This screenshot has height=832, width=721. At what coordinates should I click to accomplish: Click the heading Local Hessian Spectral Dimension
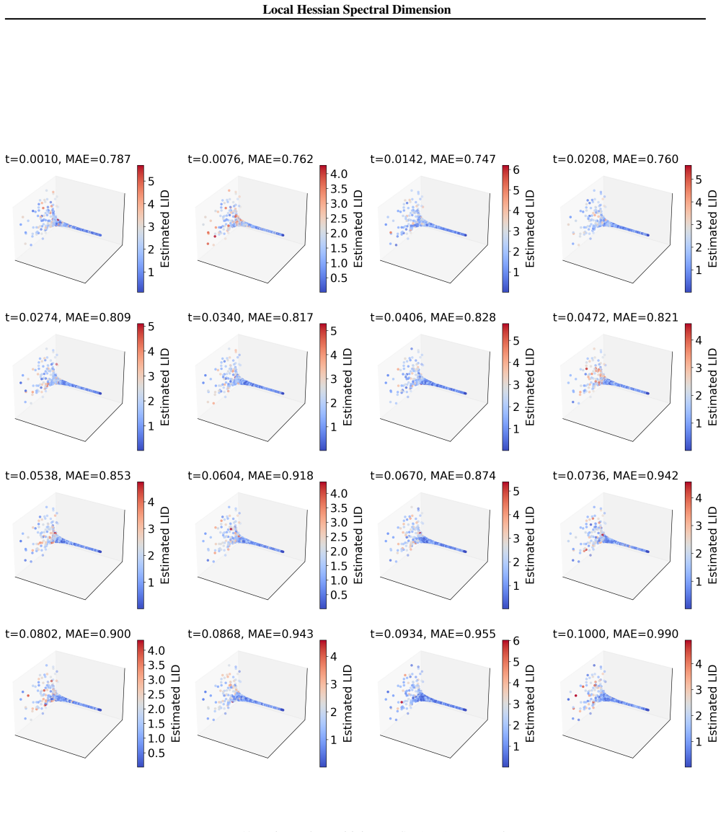pos(356,9)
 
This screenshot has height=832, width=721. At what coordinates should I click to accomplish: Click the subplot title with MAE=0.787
pos(68,159)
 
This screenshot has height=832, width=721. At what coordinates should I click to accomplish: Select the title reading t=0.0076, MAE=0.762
pos(250,159)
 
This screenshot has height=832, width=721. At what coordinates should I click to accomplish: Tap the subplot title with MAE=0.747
pos(433,159)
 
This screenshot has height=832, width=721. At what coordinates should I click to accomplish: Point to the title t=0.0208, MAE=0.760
pos(616,159)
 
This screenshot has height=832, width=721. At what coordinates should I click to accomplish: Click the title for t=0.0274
pos(68,317)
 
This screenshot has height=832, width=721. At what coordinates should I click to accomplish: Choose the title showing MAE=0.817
pos(250,317)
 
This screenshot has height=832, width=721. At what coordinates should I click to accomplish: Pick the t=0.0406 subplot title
pos(433,317)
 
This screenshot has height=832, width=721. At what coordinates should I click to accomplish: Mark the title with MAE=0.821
pos(616,317)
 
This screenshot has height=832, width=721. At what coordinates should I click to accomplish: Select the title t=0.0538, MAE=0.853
pos(68,475)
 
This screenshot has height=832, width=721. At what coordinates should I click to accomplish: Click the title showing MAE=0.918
pos(250,475)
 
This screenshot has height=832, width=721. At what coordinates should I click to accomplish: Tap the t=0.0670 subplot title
pos(433,475)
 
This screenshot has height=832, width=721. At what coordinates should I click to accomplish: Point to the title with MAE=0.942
pos(616,475)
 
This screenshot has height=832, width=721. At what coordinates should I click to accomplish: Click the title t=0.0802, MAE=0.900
pos(68,634)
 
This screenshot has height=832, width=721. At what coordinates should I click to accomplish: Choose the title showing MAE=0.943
pos(250,634)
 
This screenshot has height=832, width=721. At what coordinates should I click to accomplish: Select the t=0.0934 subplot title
pos(433,634)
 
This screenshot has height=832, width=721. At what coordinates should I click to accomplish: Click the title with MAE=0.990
pos(616,634)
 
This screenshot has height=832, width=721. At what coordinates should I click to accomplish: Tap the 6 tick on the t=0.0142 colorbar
pos(516,170)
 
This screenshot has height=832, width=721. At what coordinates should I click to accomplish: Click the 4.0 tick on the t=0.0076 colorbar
pos(339,174)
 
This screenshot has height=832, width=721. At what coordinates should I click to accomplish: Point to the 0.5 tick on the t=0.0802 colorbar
pos(156,753)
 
